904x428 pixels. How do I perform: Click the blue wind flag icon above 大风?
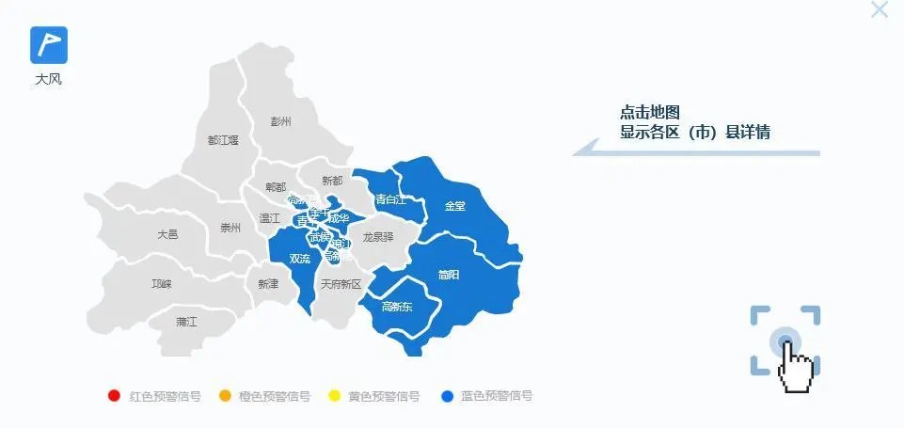pyautogui.click(x=49, y=44)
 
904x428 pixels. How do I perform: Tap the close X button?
pyautogui.click(x=880, y=10)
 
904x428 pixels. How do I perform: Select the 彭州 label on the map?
pyautogui.click(x=280, y=121)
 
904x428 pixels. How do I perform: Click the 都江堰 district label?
pyautogui.click(x=223, y=140)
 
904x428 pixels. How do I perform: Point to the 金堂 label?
pyautogui.click(x=454, y=205)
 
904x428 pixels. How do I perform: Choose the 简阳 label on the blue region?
pyautogui.click(x=449, y=275)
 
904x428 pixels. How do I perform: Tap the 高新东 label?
pyautogui.click(x=396, y=307)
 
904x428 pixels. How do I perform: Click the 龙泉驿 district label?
pyautogui.click(x=378, y=237)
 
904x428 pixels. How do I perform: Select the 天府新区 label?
pyautogui.click(x=341, y=283)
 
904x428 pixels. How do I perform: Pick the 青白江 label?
pyautogui.click(x=389, y=199)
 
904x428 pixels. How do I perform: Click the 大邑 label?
pyautogui.click(x=167, y=234)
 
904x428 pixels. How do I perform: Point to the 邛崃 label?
pyautogui.click(x=162, y=283)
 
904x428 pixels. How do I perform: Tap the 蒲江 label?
pyautogui.click(x=186, y=322)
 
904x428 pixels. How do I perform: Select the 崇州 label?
pyautogui.click(x=230, y=228)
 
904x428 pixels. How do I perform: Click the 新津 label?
pyautogui.click(x=267, y=283)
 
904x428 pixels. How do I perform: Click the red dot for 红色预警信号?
pyautogui.click(x=115, y=396)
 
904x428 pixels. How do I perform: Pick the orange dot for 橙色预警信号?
pyautogui.click(x=224, y=396)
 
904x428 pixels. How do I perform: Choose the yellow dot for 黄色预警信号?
pyautogui.click(x=333, y=396)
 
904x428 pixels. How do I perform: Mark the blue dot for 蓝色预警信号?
pyautogui.click(x=447, y=396)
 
